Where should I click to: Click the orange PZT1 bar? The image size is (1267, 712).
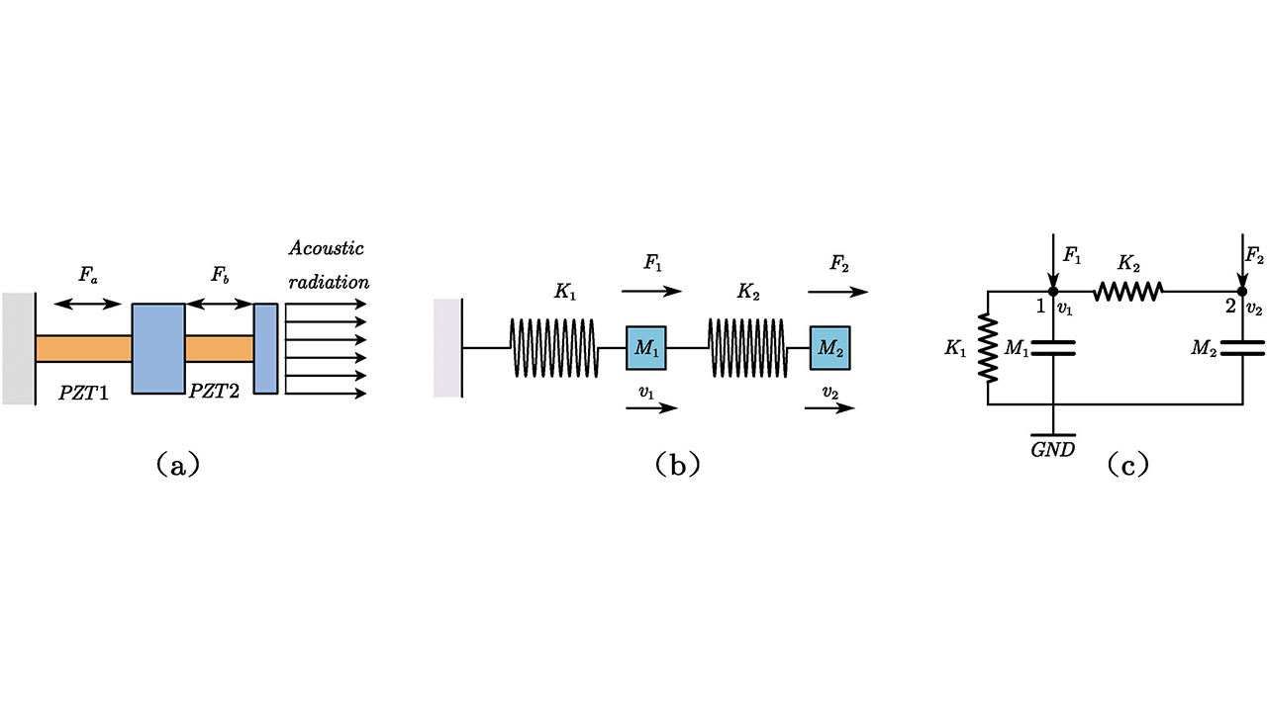coord(83,349)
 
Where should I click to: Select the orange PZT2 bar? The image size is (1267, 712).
coord(219,349)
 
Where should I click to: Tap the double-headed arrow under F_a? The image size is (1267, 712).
coord(88,304)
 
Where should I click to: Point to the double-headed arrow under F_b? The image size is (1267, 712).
coord(219,304)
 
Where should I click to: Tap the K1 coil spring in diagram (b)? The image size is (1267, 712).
coord(553,348)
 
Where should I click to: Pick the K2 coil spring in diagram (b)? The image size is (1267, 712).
coord(747,348)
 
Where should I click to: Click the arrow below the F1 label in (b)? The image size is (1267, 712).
coord(651,291)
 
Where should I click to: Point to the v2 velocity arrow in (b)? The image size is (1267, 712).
coord(829,407)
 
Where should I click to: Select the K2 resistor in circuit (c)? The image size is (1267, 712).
coord(1127,291)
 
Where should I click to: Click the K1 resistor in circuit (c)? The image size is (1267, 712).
coord(988,347)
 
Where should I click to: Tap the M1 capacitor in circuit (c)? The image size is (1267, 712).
coord(1053,347)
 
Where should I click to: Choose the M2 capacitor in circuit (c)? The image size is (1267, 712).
coord(1242,347)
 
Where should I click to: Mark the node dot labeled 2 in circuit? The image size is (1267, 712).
coord(1242,291)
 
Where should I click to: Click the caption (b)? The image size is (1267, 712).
coord(678,464)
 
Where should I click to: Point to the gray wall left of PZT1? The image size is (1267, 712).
coord(19,349)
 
